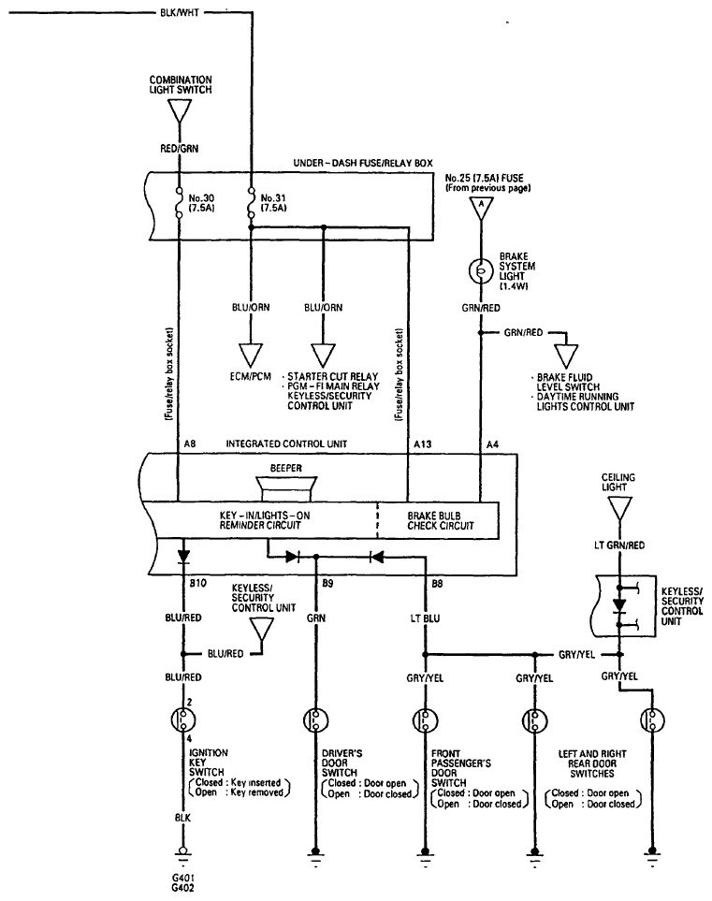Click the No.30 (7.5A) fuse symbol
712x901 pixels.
[x=179, y=203]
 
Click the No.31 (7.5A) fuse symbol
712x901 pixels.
[x=251, y=203]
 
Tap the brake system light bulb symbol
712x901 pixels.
[x=480, y=270]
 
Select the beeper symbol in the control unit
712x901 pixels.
[x=286, y=488]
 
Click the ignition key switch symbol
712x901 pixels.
[x=183, y=719]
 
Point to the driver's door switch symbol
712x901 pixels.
[x=315, y=720]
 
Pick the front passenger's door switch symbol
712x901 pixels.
[x=426, y=720]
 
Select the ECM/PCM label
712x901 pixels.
[x=251, y=377]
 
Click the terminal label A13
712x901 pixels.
[x=422, y=444]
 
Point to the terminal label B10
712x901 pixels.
[x=197, y=583]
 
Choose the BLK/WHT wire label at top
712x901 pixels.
[x=180, y=12]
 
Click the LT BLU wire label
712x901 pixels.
[x=425, y=618]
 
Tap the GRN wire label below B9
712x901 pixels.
[x=316, y=618]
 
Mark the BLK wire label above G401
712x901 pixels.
[x=183, y=817]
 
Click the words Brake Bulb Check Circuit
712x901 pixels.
[x=440, y=520]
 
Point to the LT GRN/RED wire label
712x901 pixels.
[x=619, y=545]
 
